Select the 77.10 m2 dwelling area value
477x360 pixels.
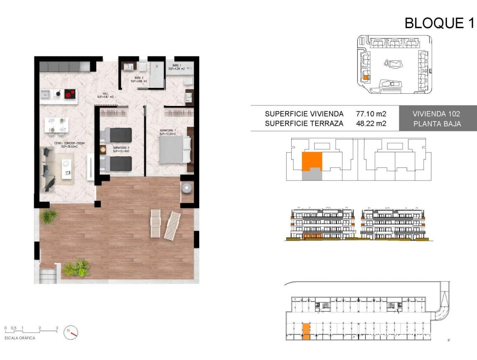371,114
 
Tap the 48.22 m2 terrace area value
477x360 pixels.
371,123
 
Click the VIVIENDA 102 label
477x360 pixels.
436,114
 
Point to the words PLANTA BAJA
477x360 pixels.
436,123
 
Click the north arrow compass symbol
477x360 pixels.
71,332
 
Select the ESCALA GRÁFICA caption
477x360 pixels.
20,338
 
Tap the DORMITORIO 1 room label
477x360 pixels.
168,131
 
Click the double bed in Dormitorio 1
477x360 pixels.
174,150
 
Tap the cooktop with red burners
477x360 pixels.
70,94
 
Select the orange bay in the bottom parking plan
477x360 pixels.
306,331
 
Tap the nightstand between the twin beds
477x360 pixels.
103,149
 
